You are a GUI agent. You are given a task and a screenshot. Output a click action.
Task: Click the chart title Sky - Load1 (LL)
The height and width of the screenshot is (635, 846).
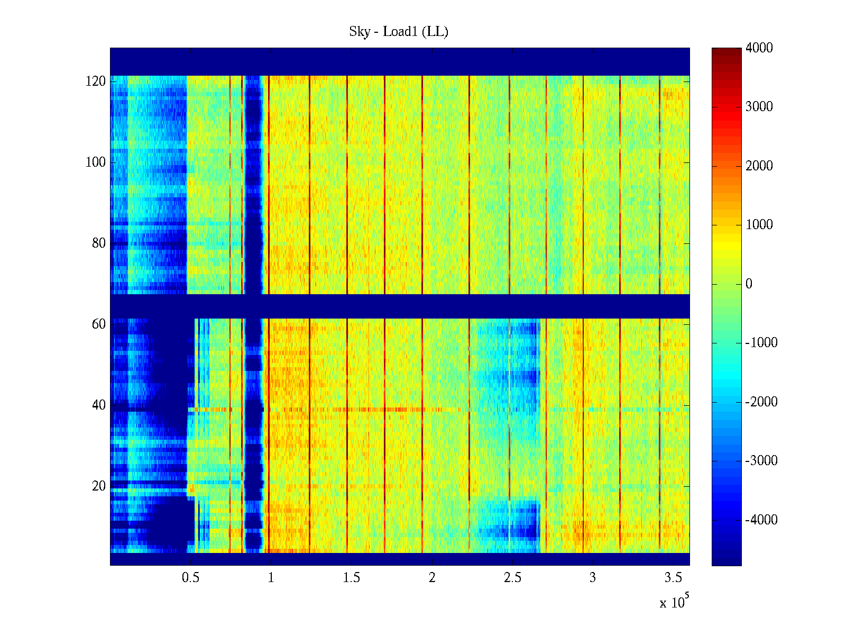click(399, 32)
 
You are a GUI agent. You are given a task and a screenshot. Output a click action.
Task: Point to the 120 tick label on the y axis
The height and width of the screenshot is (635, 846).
click(96, 81)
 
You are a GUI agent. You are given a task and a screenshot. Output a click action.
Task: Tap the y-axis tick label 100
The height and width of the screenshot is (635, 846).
click(96, 162)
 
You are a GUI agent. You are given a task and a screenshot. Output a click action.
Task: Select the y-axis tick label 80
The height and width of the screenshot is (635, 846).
click(99, 243)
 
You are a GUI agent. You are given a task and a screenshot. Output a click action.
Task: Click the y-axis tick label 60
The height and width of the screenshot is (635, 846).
click(99, 324)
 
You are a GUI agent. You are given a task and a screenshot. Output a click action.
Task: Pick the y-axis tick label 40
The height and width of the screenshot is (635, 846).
click(99, 405)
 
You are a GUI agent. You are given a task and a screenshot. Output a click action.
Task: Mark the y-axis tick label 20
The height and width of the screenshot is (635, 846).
click(99, 486)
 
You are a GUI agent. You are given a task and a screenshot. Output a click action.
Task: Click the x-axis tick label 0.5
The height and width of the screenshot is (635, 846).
click(191, 578)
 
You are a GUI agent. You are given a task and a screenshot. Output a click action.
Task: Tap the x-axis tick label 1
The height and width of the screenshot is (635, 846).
click(271, 578)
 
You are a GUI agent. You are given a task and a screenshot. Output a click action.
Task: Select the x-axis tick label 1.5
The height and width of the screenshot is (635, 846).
click(352, 578)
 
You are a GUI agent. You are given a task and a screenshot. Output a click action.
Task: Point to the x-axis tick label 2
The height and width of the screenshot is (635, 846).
click(432, 578)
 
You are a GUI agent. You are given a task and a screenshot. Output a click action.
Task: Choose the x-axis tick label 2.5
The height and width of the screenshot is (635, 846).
click(512, 578)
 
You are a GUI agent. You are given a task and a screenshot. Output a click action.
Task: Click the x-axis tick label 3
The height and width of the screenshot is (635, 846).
click(593, 578)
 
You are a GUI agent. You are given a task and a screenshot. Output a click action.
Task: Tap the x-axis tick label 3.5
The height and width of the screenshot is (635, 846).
click(673, 578)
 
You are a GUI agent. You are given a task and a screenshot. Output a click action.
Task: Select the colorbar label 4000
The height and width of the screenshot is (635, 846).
click(759, 48)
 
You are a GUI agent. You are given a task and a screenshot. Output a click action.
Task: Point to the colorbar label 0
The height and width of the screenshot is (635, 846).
click(749, 284)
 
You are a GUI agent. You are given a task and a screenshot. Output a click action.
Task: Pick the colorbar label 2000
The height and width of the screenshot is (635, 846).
click(759, 166)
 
